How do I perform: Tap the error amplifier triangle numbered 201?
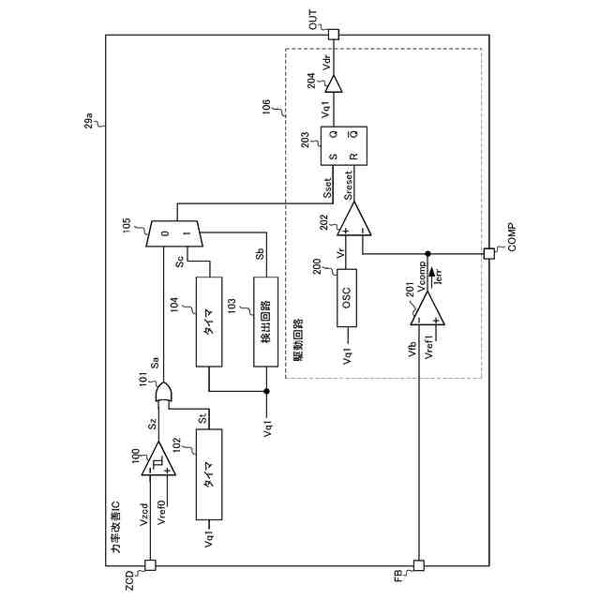(x=427, y=306)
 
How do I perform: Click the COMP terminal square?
(x=487, y=252)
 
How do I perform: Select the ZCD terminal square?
(x=149, y=565)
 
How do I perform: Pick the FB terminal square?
(x=419, y=565)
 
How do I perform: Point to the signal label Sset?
(x=327, y=188)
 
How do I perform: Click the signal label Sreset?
(x=348, y=185)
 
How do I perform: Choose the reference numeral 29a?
(x=89, y=121)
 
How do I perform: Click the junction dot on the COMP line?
(x=427, y=252)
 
